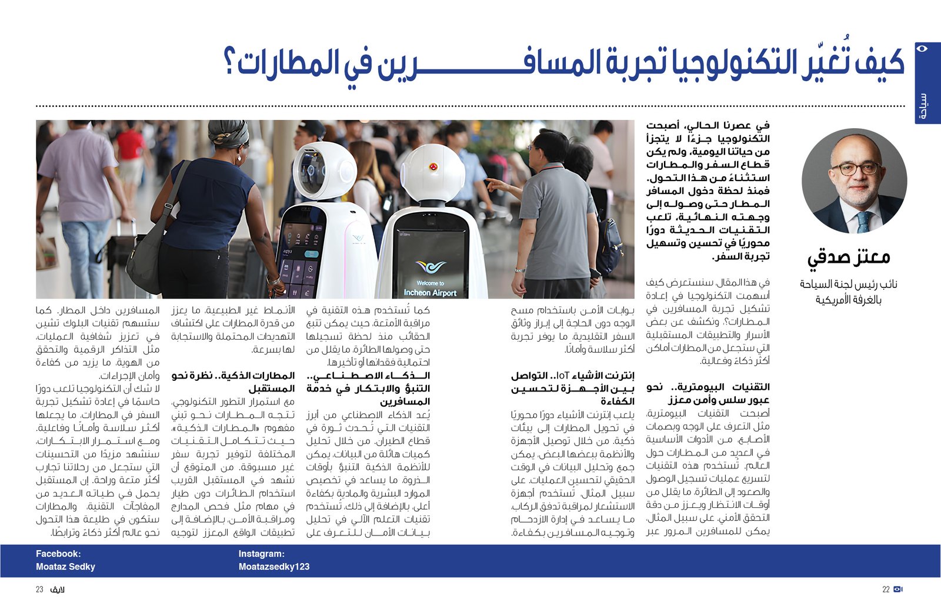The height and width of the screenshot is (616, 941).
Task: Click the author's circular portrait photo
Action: click(x=854, y=181)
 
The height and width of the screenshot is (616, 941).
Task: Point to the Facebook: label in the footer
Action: click(x=58, y=554)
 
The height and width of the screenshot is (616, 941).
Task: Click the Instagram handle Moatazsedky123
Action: click(x=273, y=567)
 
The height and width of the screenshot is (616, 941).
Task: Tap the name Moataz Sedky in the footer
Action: click(x=65, y=567)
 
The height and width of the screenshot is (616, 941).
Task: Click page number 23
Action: click(x=39, y=590)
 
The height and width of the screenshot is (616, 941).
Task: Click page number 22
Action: click(x=886, y=590)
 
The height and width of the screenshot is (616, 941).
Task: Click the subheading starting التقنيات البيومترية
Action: click(x=708, y=387)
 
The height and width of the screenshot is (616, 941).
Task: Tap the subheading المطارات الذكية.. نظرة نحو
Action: click(x=233, y=375)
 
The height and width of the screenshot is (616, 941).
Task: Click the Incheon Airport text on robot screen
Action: click(x=430, y=292)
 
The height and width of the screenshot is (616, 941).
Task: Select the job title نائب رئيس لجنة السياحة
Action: click(x=848, y=284)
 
